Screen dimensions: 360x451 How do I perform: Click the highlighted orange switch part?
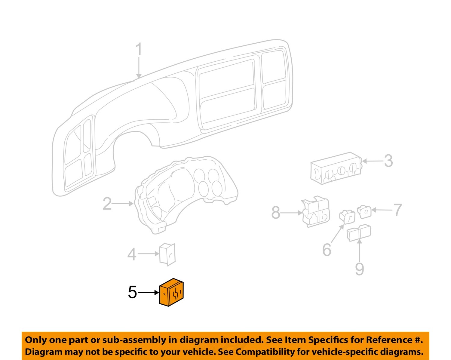click(x=171, y=292)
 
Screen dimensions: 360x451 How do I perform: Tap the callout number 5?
click(x=132, y=292)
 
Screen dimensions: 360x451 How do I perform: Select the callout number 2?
click(x=107, y=204)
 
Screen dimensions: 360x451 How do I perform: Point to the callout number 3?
click(x=388, y=161)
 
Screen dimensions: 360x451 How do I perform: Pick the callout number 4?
click(x=132, y=254)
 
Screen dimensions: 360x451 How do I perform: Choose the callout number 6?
click(x=327, y=250)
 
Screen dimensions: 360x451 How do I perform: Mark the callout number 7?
click(x=398, y=210)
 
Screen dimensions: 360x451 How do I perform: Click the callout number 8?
click(x=276, y=213)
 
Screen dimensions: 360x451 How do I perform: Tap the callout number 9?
click(x=359, y=269)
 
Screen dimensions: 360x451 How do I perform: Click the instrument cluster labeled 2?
click(x=183, y=192)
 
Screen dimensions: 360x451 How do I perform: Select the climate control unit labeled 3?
click(x=335, y=168)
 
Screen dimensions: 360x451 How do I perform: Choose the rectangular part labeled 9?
click(x=359, y=233)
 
